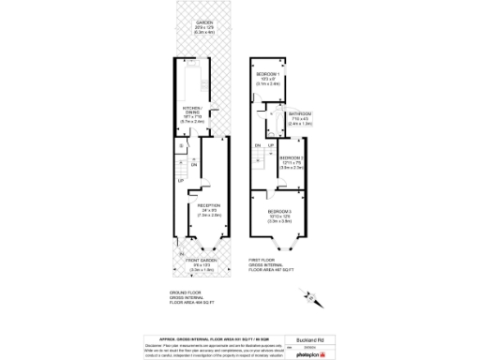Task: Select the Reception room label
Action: (208, 204)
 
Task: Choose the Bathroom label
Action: (300, 113)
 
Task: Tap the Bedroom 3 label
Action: (280, 212)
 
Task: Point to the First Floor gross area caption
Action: (268, 264)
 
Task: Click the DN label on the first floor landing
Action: (257, 145)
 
